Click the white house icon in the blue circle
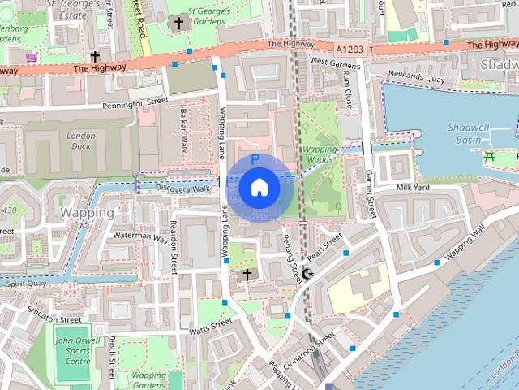click(x=259, y=188)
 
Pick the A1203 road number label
click(x=349, y=49)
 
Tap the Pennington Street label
click(x=135, y=104)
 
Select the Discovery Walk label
click(x=182, y=188)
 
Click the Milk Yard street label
click(x=412, y=188)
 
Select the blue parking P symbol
click(x=255, y=160)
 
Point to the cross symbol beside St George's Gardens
click(x=178, y=24)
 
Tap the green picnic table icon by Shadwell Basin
click(x=490, y=155)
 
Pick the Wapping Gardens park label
click(x=148, y=380)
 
